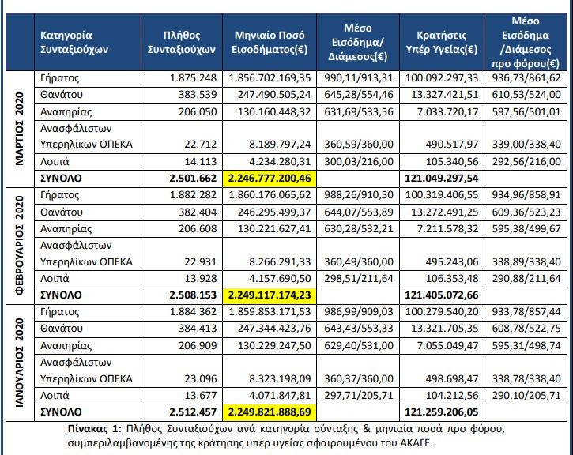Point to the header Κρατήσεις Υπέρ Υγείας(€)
tap(440, 41)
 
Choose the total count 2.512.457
tap(194, 412)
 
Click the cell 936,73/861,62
tap(527, 79)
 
